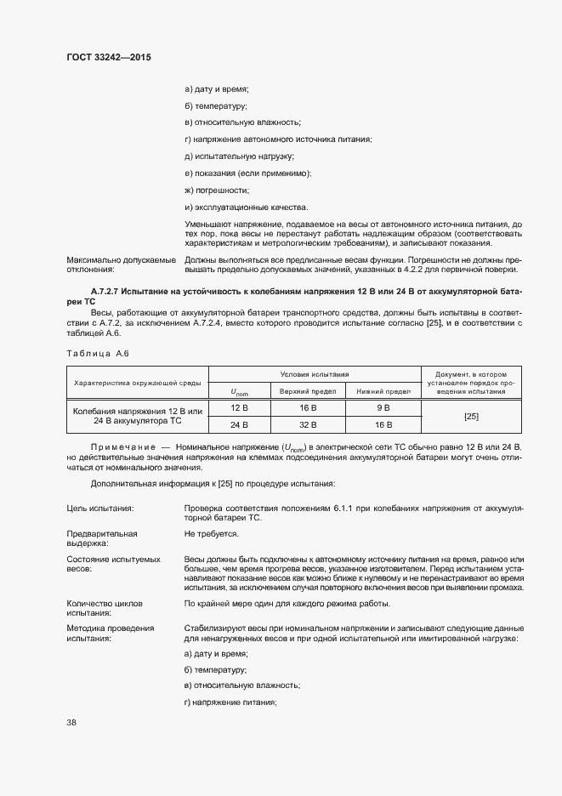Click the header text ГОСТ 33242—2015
[109, 57]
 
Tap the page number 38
[72, 722]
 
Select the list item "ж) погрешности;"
[217, 190]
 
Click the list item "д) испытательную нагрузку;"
[239, 156]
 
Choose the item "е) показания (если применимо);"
[247, 173]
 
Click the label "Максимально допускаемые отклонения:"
[121, 264]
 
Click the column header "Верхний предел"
[308, 390]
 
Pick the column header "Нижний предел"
[383, 390]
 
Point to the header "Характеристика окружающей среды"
[138, 383]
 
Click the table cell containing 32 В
[308, 424]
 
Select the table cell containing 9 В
[383, 407]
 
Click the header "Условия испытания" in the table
[315, 374]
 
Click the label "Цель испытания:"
[105, 508]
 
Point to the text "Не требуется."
[211, 534]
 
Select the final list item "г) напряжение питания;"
[230, 702]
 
